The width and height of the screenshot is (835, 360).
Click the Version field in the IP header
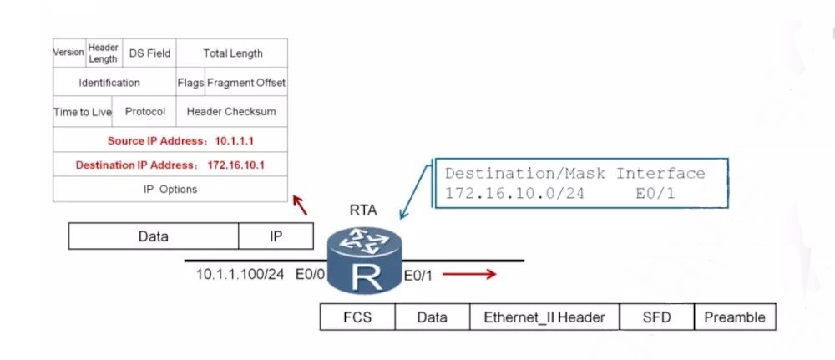point(69,53)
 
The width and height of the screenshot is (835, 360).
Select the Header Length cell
point(104,53)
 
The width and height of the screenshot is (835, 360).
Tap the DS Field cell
point(149,53)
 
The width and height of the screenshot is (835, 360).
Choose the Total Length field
point(232,53)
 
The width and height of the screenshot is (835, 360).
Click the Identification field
point(114,82)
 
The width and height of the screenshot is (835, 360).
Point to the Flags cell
point(190,82)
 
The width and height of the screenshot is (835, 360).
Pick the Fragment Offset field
point(246,82)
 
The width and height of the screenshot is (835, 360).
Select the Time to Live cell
point(83,112)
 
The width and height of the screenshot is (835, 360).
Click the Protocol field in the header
point(144,112)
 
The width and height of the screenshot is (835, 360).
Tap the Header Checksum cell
point(231,112)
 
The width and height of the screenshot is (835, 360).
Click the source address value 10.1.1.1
point(235,141)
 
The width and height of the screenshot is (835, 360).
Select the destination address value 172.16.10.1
point(236,165)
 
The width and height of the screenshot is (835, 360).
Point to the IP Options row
point(170,189)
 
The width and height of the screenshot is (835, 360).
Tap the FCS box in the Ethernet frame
point(357,317)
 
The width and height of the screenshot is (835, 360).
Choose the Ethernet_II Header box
point(544,317)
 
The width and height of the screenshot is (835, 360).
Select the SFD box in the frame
point(656,317)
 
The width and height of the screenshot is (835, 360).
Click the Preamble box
point(735,317)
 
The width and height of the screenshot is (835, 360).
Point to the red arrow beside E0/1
point(469,274)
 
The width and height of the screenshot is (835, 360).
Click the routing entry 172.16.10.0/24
point(514,193)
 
